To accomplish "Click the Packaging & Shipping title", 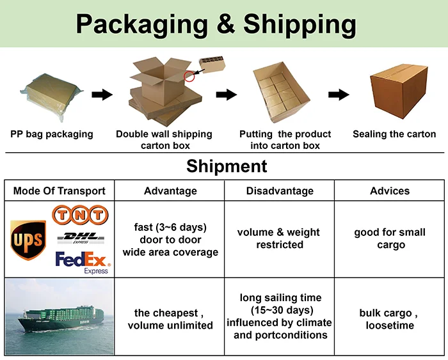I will pos(216,24).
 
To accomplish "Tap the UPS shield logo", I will pos(28,239).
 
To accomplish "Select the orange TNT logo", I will pos(79,215).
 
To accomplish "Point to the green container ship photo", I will pos(59,317).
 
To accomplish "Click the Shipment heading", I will pos(227,167).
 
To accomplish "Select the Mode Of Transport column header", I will pos(60,191).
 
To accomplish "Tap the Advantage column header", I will pos(170,191).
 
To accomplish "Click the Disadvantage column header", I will pos(280,191).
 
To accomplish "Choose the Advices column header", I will pos(390,191).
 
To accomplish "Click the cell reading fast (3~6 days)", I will pos(170,239).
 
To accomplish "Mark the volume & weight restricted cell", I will pos(279,239).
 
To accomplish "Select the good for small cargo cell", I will pos(390,239).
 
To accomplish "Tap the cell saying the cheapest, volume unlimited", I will pos(170,319).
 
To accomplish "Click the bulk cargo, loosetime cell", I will pos(390,319).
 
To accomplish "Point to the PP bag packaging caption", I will pos(52,134).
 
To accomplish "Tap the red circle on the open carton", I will pos(189,75).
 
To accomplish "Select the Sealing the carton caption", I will pos(394,134).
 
